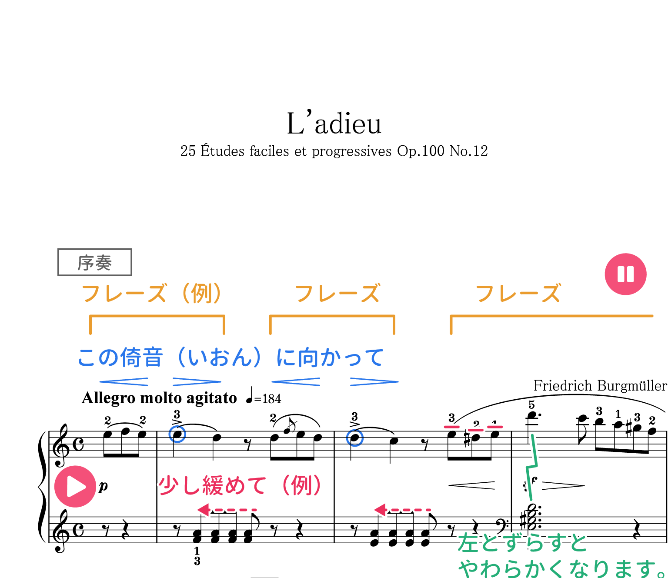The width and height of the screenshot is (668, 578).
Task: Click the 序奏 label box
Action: point(95,262)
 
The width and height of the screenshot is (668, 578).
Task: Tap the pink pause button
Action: point(625,274)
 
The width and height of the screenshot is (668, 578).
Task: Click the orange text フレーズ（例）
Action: point(152,293)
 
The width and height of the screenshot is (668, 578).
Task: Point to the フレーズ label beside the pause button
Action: point(518,293)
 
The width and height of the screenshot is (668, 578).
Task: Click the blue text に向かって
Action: point(330,357)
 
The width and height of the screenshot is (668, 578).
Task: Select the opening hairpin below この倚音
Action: point(124,382)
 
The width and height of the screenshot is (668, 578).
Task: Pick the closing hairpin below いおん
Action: point(197,382)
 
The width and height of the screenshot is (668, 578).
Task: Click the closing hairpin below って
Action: point(374,382)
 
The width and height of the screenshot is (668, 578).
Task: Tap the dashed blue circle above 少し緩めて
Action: point(177,434)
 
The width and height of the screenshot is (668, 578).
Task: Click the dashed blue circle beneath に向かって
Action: point(355,438)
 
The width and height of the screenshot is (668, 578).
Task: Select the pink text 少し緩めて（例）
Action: point(240,485)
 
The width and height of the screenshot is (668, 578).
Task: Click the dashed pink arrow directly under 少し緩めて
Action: point(226,509)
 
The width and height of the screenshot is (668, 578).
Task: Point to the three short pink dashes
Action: point(473,428)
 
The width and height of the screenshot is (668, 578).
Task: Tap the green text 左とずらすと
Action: point(522,543)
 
